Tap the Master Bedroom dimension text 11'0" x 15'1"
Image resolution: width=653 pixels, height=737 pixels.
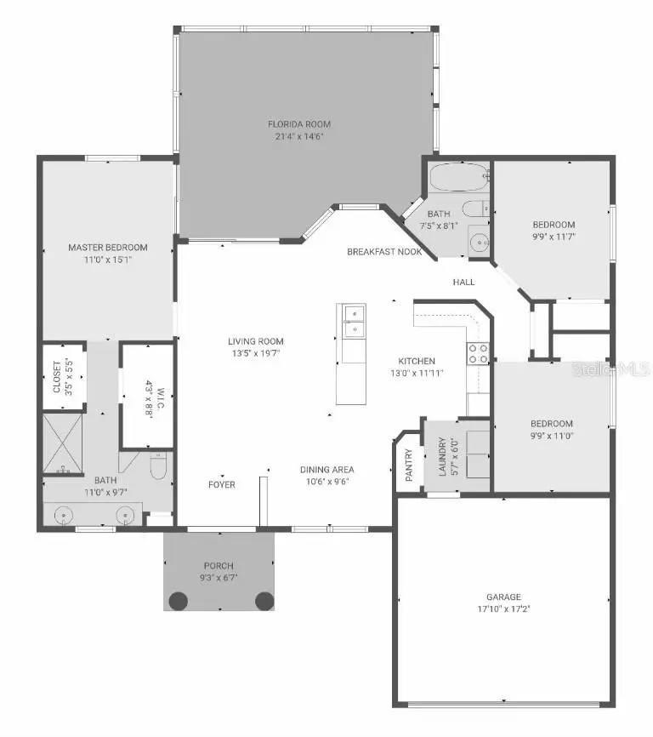point(108,260)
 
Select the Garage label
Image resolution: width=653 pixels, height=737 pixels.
point(504,597)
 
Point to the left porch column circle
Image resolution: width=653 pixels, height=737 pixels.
point(178,600)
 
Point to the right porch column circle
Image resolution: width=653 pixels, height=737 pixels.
point(264,600)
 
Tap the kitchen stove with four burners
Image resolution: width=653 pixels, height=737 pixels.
point(479,353)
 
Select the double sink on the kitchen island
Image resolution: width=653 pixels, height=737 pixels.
point(353,322)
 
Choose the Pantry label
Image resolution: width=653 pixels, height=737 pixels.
point(409,466)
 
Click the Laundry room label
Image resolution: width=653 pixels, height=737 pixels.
point(442,457)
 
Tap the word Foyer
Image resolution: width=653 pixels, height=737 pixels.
point(222,485)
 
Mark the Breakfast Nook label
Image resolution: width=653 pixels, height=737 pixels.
point(384,252)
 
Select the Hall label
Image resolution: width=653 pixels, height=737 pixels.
point(463,282)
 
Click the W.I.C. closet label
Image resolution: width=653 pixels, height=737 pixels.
point(151,396)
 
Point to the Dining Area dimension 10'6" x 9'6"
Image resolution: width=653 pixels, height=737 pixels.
point(326,481)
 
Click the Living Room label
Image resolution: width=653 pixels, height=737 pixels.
point(255,341)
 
